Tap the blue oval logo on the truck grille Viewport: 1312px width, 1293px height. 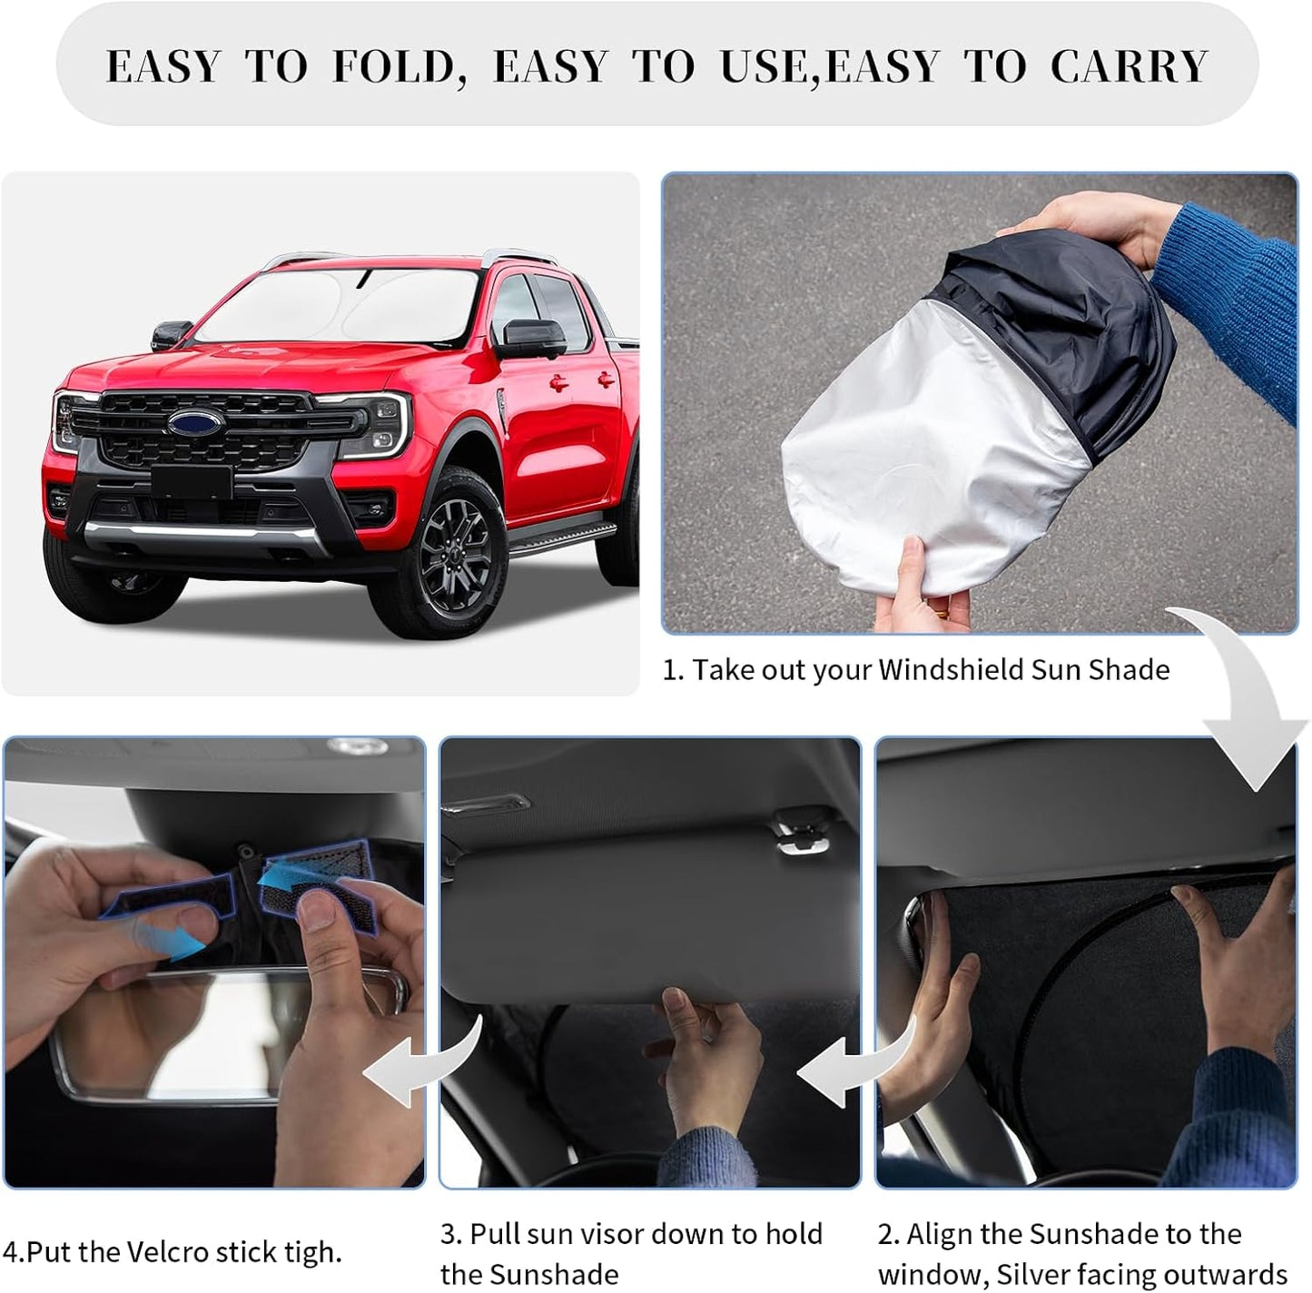click(195, 423)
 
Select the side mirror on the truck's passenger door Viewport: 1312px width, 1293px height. click(529, 338)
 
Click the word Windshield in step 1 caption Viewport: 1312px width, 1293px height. click(950, 670)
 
